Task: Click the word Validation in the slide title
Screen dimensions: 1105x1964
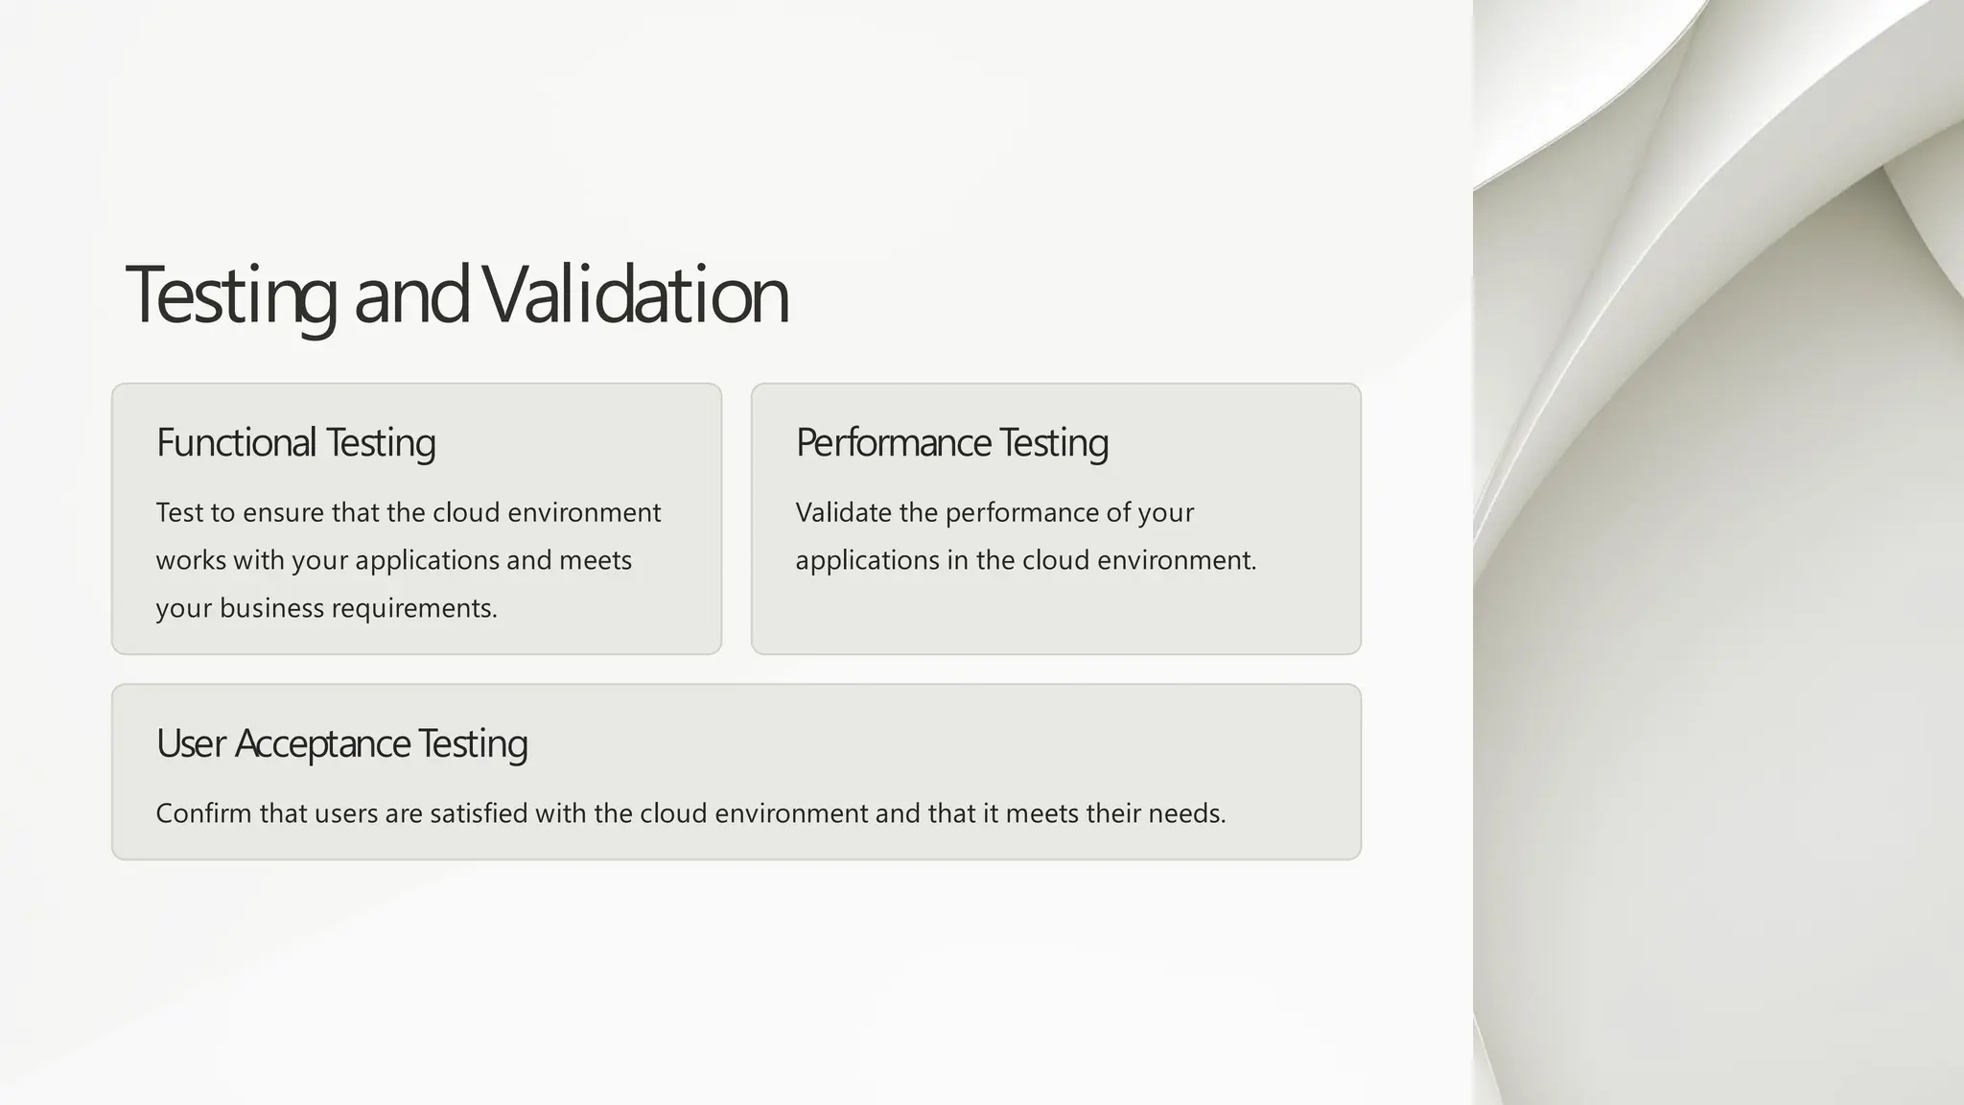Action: click(635, 294)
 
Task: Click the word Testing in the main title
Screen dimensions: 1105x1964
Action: click(231, 294)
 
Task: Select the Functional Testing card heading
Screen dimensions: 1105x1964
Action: click(295, 442)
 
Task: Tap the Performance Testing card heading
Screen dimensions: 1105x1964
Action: click(951, 442)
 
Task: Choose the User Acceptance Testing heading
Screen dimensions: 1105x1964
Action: click(341, 743)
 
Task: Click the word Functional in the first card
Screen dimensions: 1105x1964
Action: click(236, 442)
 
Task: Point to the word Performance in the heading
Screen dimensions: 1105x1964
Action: click(893, 442)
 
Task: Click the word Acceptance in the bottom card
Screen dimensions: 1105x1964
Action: click(322, 743)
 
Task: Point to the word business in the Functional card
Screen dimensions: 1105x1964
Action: click(272, 608)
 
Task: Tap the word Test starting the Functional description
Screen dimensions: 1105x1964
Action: click(179, 512)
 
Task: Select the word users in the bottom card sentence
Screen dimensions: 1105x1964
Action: click(345, 813)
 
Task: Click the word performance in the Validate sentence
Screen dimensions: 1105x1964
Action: click(1021, 512)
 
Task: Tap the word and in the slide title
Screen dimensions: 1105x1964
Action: click(411, 294)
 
